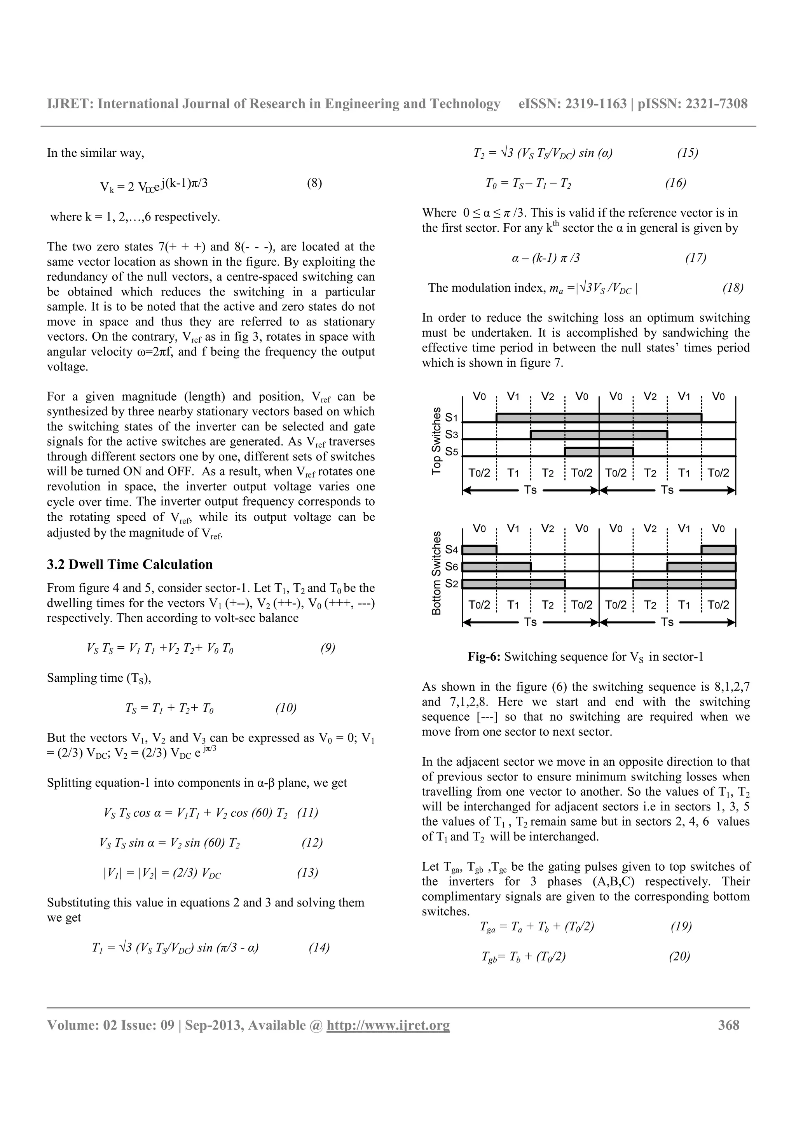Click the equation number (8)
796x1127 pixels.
tap(314, 183)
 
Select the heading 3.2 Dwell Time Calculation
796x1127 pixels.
tap(129, 565)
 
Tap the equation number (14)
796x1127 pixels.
tap(319, 947)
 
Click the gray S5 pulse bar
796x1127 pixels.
tap(599, 451)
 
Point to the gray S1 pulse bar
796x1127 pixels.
tap(599, 417)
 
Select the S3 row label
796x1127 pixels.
tap(452, 434)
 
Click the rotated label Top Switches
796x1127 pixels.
tap(436, 441)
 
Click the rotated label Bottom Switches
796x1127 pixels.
tap(436, 573)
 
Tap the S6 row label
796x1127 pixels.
tap(452, 567)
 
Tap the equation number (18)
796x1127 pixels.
tap(733, 288)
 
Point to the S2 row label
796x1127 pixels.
tap(452, 584)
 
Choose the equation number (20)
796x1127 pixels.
tap(679, 956)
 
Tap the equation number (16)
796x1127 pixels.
tap(676, 183)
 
